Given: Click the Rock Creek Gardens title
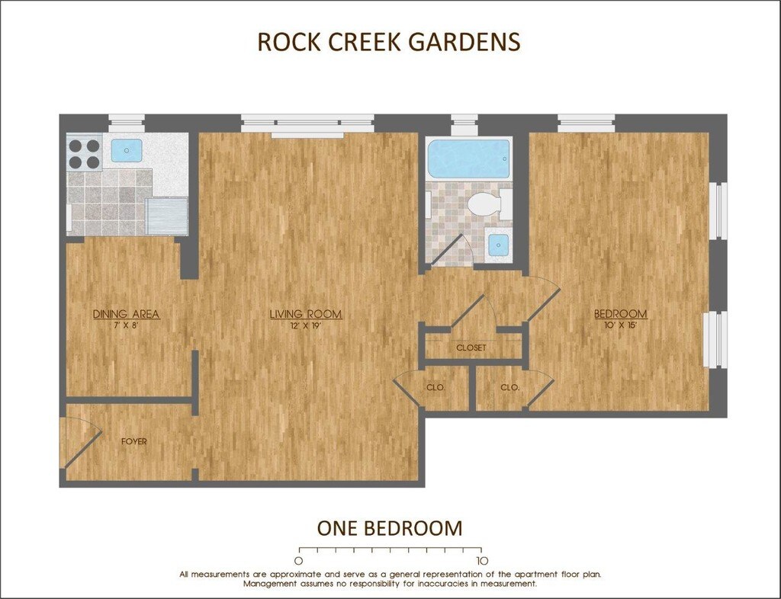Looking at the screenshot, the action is (389, 42).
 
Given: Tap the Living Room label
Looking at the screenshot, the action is (306, 315).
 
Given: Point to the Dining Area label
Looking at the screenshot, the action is (127, 315).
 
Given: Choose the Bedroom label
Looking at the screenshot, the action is (621, 315).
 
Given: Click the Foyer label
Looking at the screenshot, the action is (134, 441).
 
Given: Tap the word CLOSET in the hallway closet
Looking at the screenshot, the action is (471, 348).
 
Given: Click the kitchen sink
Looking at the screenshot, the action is (127, 149).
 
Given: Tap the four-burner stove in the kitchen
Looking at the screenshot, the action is (84, 153).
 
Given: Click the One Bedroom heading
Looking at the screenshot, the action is (390, 528).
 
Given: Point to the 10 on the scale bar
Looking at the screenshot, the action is (480, 561).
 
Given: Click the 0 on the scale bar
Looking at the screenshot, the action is (298, 561).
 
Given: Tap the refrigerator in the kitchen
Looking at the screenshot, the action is (167, 216).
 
